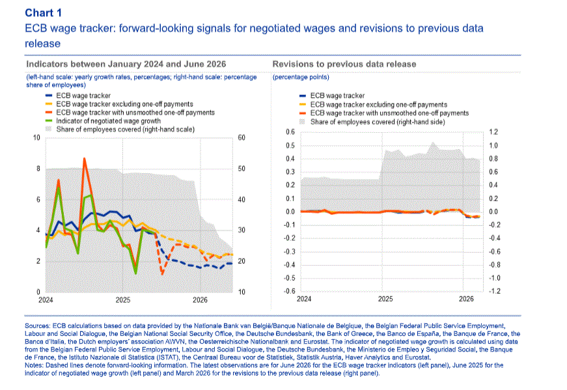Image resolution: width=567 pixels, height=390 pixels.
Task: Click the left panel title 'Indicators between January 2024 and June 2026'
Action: [x=126, y=64]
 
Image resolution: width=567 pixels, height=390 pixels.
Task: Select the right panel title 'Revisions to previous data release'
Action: [x=344, y=64]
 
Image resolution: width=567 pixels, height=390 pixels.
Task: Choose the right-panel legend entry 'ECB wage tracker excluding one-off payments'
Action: [x=378, y=104]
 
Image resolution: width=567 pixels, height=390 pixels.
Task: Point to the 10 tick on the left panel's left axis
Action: [x=36, y=137]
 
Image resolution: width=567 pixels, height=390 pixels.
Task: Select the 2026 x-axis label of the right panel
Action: [x=466, y=298]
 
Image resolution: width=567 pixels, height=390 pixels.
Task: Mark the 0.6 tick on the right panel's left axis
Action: [x=290, y=132]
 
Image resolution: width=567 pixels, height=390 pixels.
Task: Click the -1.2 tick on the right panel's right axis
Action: [x=494, y=291]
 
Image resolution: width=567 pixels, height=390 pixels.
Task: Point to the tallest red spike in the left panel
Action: [x=84, y=158]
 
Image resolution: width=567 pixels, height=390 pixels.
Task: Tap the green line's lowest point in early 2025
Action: [x=135, y=273]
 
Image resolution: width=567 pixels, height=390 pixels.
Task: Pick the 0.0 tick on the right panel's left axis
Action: [x=290, y=212]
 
